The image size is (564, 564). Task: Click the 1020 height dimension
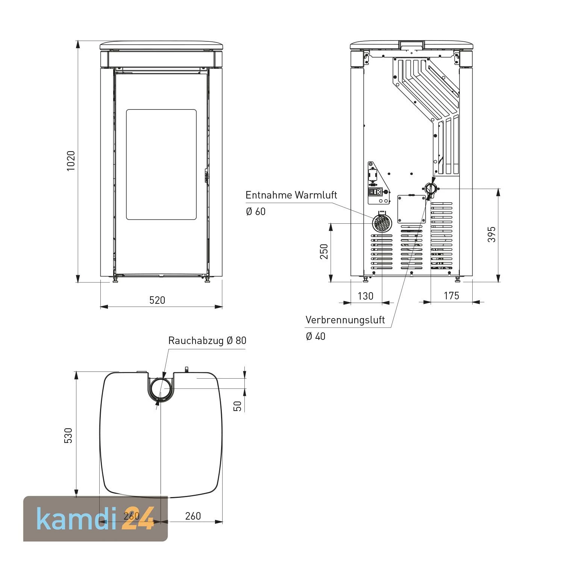(x=71, y=161)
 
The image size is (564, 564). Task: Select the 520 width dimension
(x=157, y=300)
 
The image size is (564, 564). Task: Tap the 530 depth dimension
(x=68, y=435)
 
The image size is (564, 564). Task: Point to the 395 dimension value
(x=491, y=234)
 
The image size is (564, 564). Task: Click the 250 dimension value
(x=324, y=252)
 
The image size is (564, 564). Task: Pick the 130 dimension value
(x=365, y=296)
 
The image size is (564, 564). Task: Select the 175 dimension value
(x=451, y=296)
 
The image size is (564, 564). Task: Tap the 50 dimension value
(x=238, y=406)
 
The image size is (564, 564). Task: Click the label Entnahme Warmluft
(x=291, y=195)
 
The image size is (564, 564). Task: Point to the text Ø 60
(x=256, y=212)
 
